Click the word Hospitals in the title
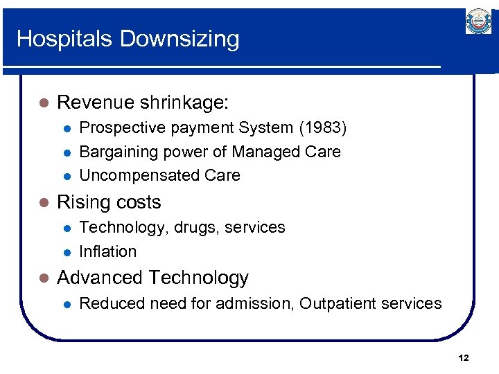point(65,38)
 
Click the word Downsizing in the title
point(180,39)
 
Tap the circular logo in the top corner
point(478,21)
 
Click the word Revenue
point(96,103)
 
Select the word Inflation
point(108,251)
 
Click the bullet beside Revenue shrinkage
point(44,103)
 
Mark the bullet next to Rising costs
point(44,202)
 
